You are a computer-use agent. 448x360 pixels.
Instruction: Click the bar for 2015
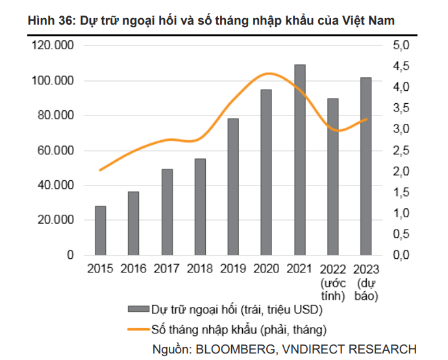click(101, 230)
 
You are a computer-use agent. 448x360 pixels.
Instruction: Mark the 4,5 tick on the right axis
click(401, 67)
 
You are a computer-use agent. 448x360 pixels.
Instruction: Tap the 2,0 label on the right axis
click(401, 171)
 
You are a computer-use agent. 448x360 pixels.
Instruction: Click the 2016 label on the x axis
click(133, 269)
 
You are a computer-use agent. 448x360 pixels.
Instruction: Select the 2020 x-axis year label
click(266, 269)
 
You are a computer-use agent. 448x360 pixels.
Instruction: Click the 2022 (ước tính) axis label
click(332, 282)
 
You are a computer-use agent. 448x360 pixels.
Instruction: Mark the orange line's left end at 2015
click(100, 170)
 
